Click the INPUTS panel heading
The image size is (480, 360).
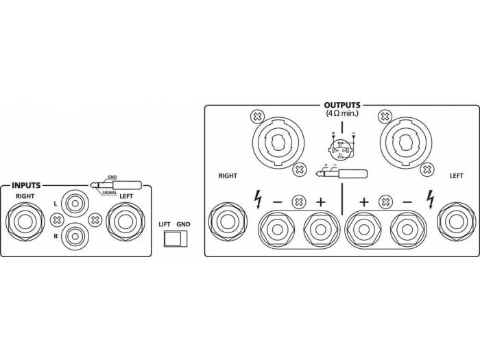click(x=27, y=185)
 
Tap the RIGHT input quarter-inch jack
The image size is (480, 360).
click(x=25, y=221)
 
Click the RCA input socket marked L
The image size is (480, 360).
click(x=75, y=204)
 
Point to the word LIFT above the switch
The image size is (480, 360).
click(x=165, y=224)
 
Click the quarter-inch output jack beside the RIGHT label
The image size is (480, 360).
click(x=228, y=221)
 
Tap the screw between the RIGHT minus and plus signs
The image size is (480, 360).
click(x=298, y=202)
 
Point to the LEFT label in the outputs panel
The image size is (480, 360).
click(x=457, y=176)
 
